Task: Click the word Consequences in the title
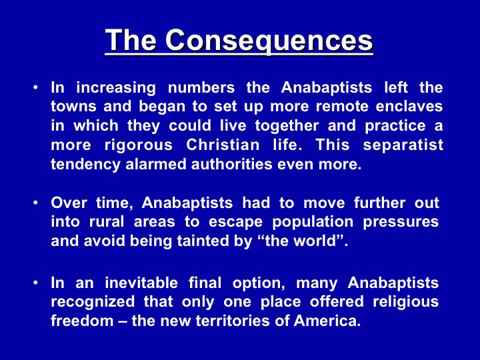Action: (269, 41)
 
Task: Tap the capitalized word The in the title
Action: (131, 40)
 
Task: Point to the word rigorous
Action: (139, 145)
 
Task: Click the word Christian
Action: (223, 145)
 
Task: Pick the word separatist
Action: (403, 145)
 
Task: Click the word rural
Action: (107, 221)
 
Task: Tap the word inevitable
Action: (141, 283)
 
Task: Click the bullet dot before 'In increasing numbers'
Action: (36, 87)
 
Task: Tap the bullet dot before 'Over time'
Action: (36, 203)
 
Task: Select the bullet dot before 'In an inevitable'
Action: (36, 283)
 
